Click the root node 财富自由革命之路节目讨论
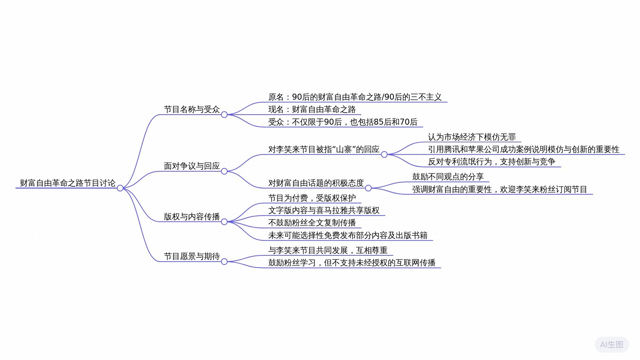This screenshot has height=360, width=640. click(x=68, y=183)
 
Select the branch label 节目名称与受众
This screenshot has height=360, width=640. click(x=192, y=109)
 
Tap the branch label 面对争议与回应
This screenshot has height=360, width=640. click(x=192, y=166)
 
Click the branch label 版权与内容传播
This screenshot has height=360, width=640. click(x=192, y=217)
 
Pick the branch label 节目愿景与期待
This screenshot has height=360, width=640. click(x=192, y=256)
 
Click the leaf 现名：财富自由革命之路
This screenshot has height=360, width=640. click(x=312, y=109)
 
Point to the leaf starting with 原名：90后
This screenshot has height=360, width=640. click(x=355, y=97)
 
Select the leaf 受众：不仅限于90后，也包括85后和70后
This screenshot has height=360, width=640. click(x=343, y=122)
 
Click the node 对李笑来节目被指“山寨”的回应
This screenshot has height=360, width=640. click(x=324, y=149)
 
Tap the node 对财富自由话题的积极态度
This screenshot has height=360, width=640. click(x=316, y=183)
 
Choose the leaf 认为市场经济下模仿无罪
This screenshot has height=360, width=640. click(x=472, y=137)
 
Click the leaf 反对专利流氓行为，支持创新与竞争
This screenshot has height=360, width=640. click(x=492, y=162)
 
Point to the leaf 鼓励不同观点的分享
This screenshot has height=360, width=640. click(x=448, y=177)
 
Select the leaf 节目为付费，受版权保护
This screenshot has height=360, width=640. click(x=312, y=198)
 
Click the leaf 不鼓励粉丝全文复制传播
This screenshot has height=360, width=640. click(x=312, y=223)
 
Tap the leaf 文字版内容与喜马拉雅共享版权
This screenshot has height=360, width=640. click(x=324, y=210)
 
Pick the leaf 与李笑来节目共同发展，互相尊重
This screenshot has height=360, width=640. click(x=328, y=250)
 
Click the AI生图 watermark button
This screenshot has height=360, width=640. click(x=611, y=344)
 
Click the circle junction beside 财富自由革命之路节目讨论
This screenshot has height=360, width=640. click(x=120, y=188)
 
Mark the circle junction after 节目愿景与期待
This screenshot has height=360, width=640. click(x=224, y=262)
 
